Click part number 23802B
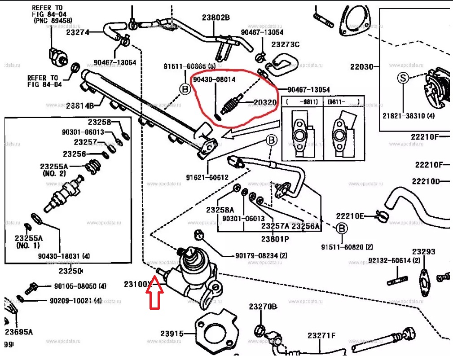tap(216, 18)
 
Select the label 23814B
tap(80, 106)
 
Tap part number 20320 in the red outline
tap(265, 103)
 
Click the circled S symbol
tap(403, 78)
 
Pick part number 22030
tap(362, 67)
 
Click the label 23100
tap(136, 284)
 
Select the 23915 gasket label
tap(172, 334)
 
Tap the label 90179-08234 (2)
tap(261, 256)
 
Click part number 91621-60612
tap(207, 177)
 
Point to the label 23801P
tap(275, 239)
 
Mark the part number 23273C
tap(285, 44)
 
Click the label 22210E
tap(350, 215)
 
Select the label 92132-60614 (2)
tap(394, 260)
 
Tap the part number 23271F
tap(321, 335)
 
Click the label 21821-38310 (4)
tap(409, 115)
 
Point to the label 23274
tap(78, 32)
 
